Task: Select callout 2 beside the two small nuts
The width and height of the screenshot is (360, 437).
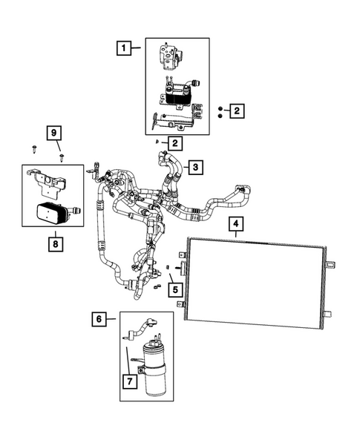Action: pyautogui.click(x=236, y=111)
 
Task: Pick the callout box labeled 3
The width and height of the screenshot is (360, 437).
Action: pyautogui.click(x=195, y=168)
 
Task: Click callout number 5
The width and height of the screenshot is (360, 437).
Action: pyautogui.click(x=175, y=289)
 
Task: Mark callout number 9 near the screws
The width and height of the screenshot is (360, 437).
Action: pyautogui.click(x=53, y=134)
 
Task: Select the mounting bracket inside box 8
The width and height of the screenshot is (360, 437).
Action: pyautogui.click(x=45, y=180)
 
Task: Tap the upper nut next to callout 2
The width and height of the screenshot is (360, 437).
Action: pyautogui.click(x=220, y=108)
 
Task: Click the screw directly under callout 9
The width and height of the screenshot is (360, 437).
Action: pyautogui.click(x=62, y=157)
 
